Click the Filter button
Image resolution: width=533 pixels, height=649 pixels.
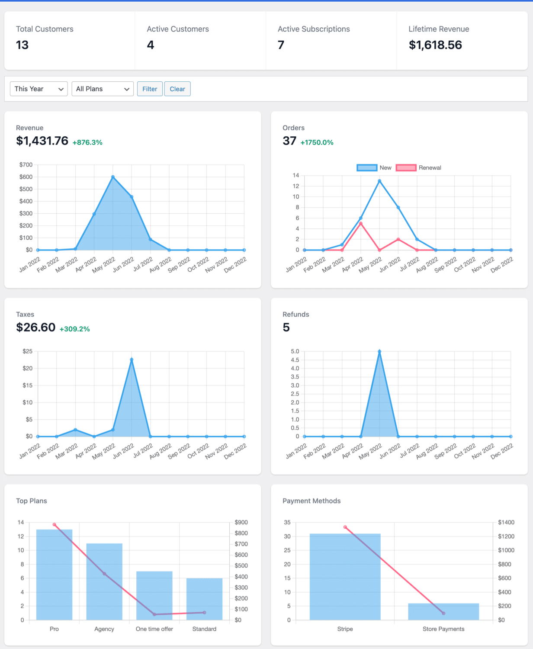(150, 89)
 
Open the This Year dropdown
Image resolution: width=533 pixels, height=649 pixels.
(39, 89)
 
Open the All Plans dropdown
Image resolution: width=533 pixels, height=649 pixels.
(103, 89)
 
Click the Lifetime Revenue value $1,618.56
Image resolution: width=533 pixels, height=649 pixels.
(435, 45)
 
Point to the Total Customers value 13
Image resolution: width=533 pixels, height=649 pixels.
(22, 45)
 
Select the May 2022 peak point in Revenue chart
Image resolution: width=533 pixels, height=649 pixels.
(113, 177)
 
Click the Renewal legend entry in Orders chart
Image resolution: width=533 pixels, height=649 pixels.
(419, 168)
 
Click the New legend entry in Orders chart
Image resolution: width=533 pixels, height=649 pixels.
(374, 168)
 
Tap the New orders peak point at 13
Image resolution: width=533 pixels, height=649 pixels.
(379, 181)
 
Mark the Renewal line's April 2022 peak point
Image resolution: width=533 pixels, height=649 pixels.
(361, 223)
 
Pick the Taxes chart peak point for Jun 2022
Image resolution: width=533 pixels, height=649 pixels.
(132, 360)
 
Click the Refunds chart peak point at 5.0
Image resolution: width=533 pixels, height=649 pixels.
(379, 351)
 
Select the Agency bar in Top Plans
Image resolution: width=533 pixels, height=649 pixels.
(104, 582)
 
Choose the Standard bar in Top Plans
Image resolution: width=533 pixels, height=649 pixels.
(204, 599)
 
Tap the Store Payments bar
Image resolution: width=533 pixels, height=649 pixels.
(443, 611)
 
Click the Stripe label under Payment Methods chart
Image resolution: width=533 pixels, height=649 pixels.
(345, 629)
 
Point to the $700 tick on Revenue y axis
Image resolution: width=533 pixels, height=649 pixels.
(26, 165)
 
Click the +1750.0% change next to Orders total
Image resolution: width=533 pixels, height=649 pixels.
(317, 143)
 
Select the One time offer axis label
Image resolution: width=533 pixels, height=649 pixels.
(154, 629)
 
